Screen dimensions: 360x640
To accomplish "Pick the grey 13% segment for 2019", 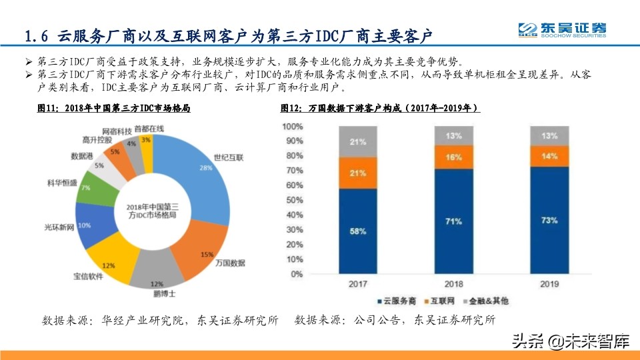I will [x=549, y=135].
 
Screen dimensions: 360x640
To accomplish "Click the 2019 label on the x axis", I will [x=549, y=285].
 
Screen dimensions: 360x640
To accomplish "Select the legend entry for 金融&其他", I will [x=491, y=301].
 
